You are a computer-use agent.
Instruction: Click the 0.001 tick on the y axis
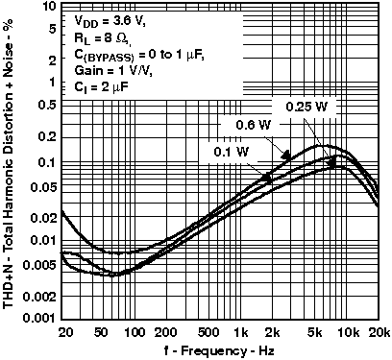[x=40, y=318]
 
